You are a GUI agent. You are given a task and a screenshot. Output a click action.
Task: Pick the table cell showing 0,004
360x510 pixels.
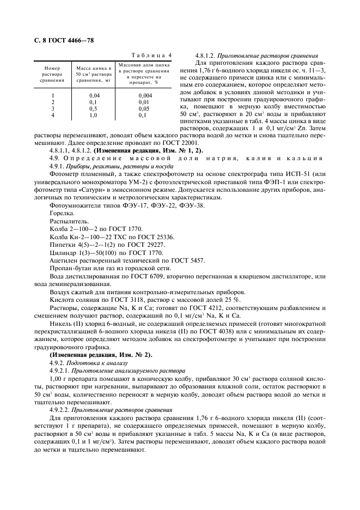click(144, 95)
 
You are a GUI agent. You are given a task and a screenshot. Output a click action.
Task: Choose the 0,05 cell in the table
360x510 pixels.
click(144, 108)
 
